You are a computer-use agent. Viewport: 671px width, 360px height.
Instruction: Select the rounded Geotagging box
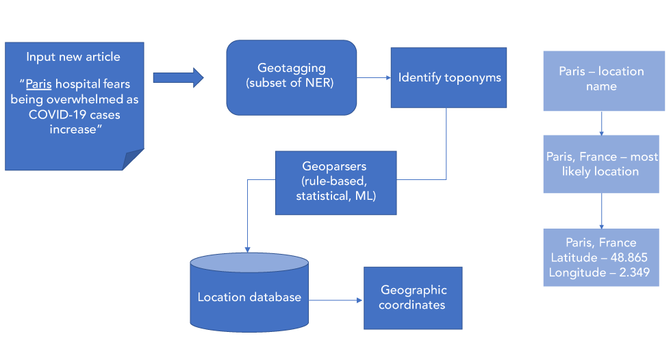(x=292, y=77)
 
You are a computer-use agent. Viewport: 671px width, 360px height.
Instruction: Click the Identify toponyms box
(x=449, y=77)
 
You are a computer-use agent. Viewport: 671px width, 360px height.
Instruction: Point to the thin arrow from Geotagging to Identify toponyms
(x=374, y=77)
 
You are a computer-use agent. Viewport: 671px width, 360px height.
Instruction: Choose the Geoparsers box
(x=336, y=182)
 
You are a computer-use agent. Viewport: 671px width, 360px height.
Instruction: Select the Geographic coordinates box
(x=413, y=298)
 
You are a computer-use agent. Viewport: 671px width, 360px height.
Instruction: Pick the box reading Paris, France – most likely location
(x=601, y=164)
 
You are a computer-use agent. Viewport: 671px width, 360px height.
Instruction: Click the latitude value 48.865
(x=625, y=257)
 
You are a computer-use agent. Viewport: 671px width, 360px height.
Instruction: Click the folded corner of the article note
(x=134, y=160)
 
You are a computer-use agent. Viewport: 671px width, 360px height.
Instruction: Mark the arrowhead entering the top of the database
(x=247, y=250)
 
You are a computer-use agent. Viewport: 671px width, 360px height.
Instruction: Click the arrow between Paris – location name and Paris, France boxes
(x=601, y=123)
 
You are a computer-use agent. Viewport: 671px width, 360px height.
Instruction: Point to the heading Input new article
(x=73, y=57)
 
